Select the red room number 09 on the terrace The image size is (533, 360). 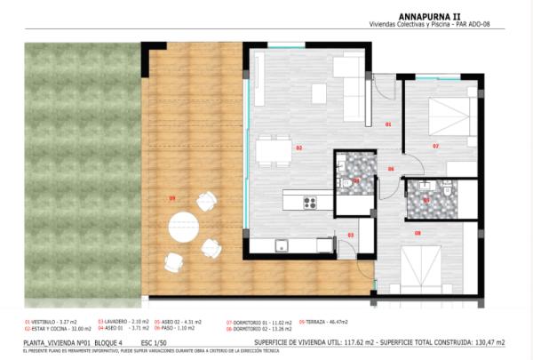click(x=172, y=198)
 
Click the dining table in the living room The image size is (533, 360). click(x=274, y=150)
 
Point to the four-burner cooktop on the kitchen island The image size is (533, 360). click(x=310, y=202)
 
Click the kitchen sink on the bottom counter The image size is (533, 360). click(x=282, y=246)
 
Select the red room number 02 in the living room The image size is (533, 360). click(x=299, y=148)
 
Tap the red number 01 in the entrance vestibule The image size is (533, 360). click(x=388, y=125)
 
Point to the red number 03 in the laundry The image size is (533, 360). click(x=350, y=235)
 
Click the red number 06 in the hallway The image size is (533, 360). click(x=391, y=168)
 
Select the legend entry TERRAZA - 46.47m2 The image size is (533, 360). click(x=322, y=321)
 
